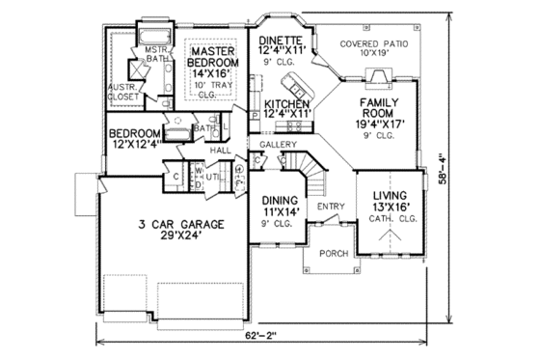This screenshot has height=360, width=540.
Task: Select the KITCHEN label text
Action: pyautogui.click(x=285, y=103)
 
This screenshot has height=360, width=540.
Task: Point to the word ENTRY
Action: pyautogui.click(x=331, y=207)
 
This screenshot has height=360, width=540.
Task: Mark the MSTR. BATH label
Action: pyautogui.click(x=156, y=53)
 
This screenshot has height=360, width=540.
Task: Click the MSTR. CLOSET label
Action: pyautogui.click(x=122, y=90)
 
